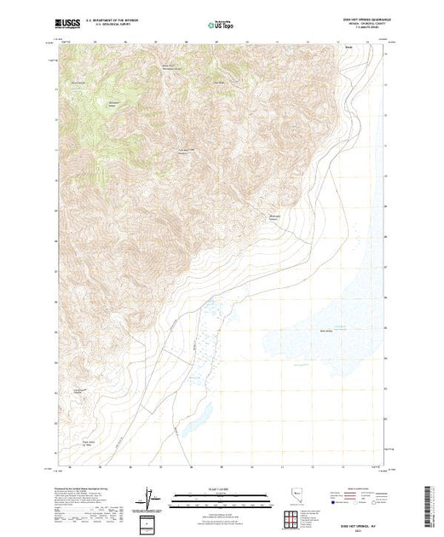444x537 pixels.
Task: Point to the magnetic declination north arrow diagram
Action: pos(150,495)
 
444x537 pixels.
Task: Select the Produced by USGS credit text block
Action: pos(85,503)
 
